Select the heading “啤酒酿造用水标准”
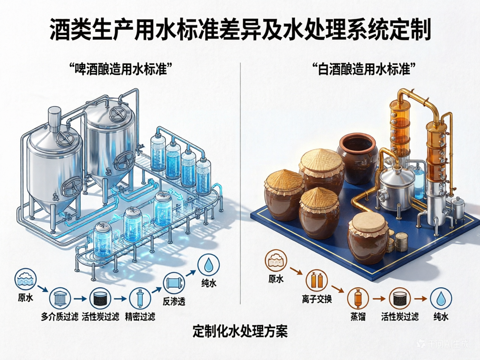click(x=120, y=70)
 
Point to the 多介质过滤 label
click(x=60, y=317)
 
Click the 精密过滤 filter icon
click(x=140, y=298)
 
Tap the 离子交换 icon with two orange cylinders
click(x=317, y=280)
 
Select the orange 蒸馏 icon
click(x=358, y=298)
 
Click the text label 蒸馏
click(x=358, y=317)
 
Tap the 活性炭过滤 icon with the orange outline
click(x=400, y=298)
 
